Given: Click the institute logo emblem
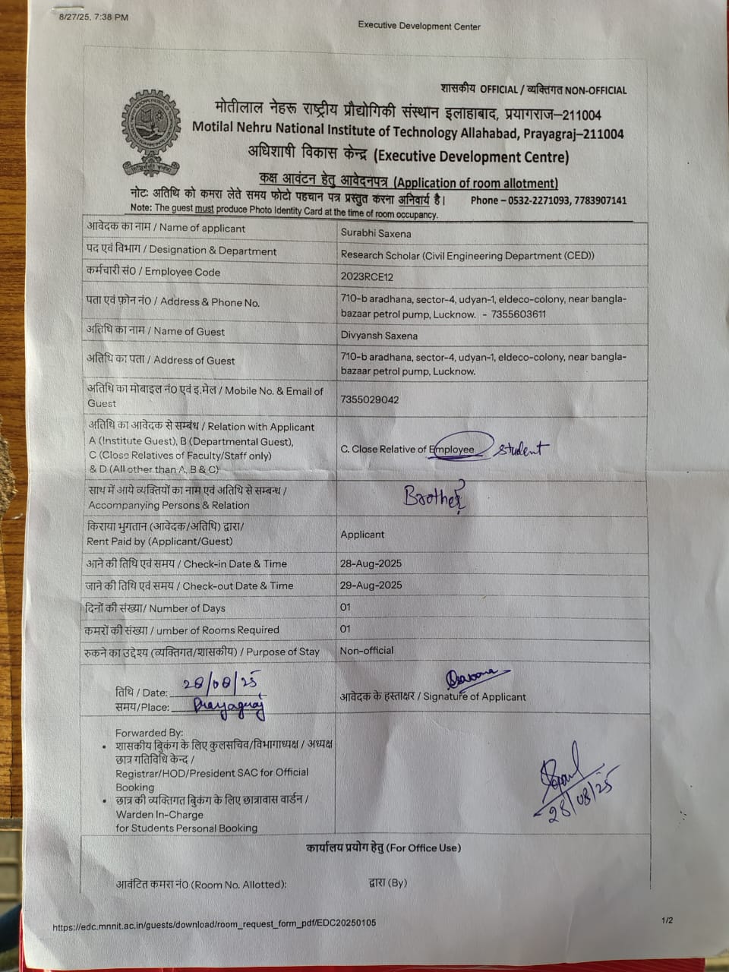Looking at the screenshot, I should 152,134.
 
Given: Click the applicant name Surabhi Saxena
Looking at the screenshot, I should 375,233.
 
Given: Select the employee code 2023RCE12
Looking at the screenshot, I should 367,276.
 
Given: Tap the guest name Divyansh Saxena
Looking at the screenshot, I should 379,335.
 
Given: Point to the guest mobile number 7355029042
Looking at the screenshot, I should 370,399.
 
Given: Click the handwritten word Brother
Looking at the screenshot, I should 434,497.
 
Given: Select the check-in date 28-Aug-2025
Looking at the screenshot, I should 371,563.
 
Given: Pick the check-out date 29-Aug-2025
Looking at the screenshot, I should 371,585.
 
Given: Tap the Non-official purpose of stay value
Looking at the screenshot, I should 367,651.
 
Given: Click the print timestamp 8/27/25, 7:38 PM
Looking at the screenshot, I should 93,17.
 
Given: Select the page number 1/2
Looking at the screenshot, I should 667,920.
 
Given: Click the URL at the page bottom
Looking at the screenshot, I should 214,925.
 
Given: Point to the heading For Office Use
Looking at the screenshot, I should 383,847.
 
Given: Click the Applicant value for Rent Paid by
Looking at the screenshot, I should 362,535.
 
